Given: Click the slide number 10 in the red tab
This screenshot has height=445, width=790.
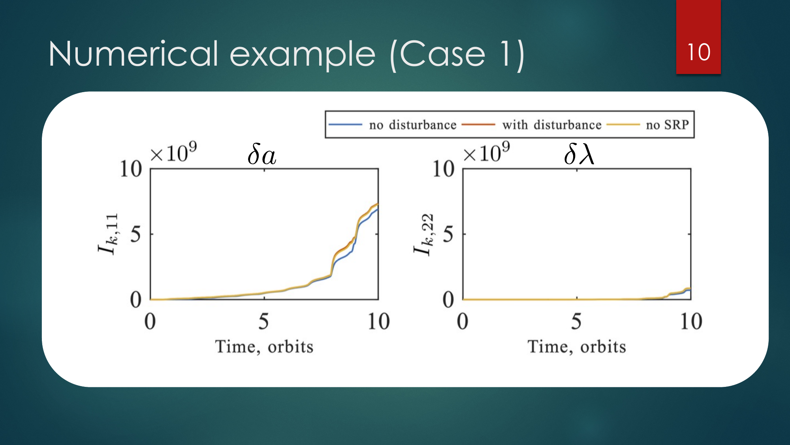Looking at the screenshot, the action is coord(699,52).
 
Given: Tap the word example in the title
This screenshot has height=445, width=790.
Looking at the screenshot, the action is coord(303,55).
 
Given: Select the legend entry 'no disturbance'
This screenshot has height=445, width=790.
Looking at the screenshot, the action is coord(413,125).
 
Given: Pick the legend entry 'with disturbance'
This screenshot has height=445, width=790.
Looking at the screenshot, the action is coord(552,125).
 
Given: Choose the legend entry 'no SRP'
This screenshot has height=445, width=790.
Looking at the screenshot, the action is coord(668,125).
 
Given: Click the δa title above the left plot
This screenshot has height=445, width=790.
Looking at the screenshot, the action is coord(261,154).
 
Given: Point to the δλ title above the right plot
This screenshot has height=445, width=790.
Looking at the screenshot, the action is coord(579,153).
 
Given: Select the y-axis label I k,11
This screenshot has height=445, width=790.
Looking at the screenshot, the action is coord(108,234).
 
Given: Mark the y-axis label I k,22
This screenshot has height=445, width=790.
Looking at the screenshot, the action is coord(424,235).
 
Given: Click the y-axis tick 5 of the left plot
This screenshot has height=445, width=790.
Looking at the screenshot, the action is coord(135,234).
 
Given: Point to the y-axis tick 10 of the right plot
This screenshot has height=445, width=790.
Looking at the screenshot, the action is coord(443,169).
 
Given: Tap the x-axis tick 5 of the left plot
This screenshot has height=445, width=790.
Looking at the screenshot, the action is coord(264,321).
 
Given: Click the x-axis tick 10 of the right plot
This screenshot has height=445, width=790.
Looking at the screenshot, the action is coord(691,321).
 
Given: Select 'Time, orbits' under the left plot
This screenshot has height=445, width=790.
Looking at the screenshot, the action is coord(264,347).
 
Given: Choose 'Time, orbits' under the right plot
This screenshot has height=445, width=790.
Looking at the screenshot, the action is coord(577,347).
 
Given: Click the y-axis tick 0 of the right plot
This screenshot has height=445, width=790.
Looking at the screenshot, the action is coord(448,299).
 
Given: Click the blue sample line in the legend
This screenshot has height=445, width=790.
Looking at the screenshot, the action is coord(345,125).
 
